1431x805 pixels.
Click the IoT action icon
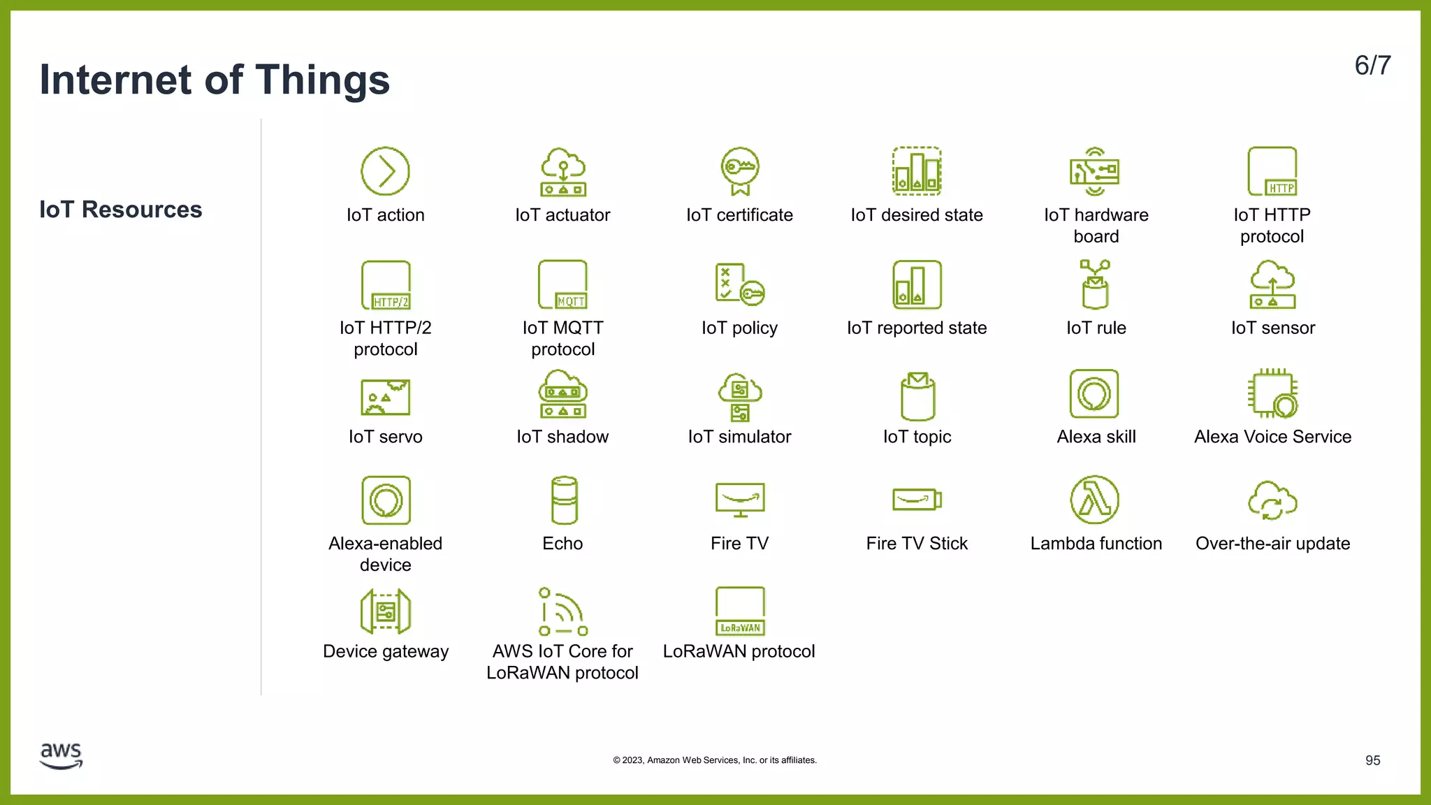tap(385, 171)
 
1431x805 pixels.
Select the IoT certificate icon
tap(740, 171)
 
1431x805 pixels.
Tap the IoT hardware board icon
tap(1095, 171)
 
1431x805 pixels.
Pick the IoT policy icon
tap(740, 284)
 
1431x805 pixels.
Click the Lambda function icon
tap(1095, 500)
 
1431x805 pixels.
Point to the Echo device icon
tap(564, 500)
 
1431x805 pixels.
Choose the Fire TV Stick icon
tap(917, 500)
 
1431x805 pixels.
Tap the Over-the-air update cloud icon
tap(1272, 500)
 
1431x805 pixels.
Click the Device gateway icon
tap(386, 611)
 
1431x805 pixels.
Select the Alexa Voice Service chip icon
tap(1272, 393)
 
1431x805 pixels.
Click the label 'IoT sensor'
tap(1272, 328)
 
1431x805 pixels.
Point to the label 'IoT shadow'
tap(562, 437)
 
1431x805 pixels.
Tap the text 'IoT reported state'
tap(917, 328)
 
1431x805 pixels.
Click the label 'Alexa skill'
tap(1096, 437)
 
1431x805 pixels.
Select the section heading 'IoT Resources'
tap(120, 210)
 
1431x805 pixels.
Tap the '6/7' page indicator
tap(1372, 66)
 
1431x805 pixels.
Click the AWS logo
tap(61, 755)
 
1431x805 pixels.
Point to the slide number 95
tap(1372, 760)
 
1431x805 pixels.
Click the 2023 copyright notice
tap(715, 760)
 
